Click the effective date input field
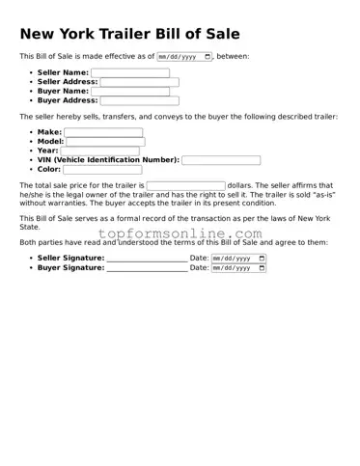tap(181, 57)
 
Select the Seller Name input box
tap(129, 73)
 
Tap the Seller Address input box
tap(140, 82)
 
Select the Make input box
tap(102, 133)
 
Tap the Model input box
tap(105, 142)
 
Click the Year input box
tap(99, 151)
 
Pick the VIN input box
tap(221, 160)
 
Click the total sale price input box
tap(185, 185)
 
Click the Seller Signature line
tap(147, 260)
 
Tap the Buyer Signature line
tap(147, 268)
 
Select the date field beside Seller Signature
tap(237, 259)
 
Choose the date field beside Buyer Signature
tap(237, 268)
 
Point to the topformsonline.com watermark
tap(180, 234)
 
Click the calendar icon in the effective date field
tap(207, 57)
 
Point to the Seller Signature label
tap(70, 259)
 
